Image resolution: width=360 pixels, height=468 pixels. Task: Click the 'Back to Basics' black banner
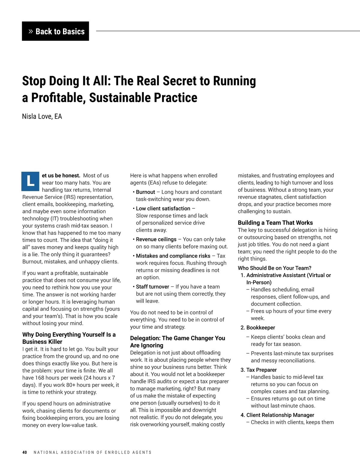click(x=55, y=31)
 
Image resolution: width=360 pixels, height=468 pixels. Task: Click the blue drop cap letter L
click(x=30, y=181)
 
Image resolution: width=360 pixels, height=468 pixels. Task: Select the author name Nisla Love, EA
click(x=42, y=116)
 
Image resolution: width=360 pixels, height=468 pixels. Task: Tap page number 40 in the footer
click(x=25, y=452)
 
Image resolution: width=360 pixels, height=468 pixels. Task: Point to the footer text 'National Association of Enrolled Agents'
click(x=92, y=452)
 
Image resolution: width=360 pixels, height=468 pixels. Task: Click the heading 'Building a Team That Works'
click(x=275, y=223)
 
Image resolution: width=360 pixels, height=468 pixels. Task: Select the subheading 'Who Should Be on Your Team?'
click(x=274, y=268)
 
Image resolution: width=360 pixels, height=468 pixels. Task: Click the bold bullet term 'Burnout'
click(x=145, y=192)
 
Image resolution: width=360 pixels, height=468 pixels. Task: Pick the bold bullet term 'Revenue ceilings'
click(x=156, y=239)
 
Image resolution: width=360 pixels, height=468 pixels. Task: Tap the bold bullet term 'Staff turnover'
click(x=152, y=287)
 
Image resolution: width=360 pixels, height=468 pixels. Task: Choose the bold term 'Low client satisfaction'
click(x=163, y=209)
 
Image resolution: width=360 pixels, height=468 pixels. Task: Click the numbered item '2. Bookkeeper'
click(x=258, y=328)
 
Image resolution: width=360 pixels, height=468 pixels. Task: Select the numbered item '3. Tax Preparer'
click(x=259, y=370)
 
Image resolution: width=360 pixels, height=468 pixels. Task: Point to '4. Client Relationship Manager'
click(x=277, y=415)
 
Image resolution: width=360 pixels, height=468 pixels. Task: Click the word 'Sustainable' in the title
click(x=120, y=98)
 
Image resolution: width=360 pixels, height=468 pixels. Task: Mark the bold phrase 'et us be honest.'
click(x=61, y=176)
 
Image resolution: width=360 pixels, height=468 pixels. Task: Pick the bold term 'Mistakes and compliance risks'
click(x=173, y=256)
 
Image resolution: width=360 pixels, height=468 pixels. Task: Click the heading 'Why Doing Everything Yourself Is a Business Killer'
click(x=69, y=338)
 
